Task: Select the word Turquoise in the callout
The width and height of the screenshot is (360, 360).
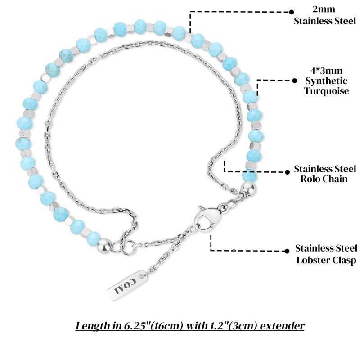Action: click(326, 91)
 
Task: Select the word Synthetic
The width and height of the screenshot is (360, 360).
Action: click(327, 81)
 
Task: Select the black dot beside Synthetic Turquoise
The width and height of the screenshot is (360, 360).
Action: click(294, 81)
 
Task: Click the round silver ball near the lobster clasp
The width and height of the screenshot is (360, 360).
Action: click(249, 185)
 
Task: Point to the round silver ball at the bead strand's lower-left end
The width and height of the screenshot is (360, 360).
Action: click(105, 245)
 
